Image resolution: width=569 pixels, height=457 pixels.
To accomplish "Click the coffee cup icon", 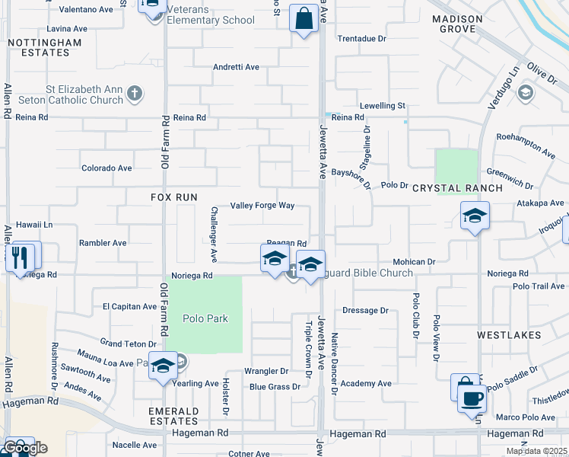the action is click(x=472, y=398).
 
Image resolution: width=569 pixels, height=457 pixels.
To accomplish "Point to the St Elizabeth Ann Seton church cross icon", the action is click(x=135, y=94).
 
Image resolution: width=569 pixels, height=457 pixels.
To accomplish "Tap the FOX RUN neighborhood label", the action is click(x=174, y=197).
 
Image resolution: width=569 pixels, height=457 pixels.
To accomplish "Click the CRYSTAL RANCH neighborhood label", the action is click(x=457, y=188).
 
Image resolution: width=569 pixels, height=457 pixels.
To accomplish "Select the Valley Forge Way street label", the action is click(x=262, y=206).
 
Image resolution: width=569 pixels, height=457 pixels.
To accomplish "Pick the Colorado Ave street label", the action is click(x=106, y=168).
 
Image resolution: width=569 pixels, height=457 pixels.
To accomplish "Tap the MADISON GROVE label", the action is click(x=456, y=24).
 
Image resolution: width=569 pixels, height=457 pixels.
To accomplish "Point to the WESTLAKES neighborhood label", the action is click(x=509, y=335).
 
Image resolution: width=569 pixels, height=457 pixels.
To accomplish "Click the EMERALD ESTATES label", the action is click(x=174, y=417).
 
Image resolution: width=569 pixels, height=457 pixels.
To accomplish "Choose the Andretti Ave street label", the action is click(x=236, y=67).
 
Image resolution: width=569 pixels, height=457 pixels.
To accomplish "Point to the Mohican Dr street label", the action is click(x=414, y=261).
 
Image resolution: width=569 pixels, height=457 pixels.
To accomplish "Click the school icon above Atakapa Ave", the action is click(x=475, y=216).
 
